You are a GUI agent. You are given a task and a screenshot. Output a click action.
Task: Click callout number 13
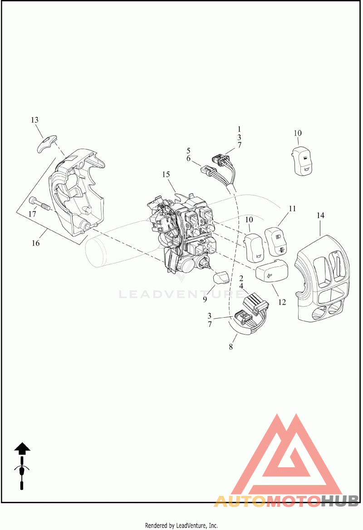35,120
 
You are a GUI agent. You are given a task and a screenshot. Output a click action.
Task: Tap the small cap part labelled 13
46,143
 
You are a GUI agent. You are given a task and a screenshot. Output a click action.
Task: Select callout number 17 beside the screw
32,214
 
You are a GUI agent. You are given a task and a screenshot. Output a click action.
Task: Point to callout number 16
35,243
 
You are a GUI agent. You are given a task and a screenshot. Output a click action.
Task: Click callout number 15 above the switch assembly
166,175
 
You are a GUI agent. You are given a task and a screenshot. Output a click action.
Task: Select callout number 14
320,215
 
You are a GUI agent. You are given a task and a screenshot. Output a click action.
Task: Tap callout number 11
292,209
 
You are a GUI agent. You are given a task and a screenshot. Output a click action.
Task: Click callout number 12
282,302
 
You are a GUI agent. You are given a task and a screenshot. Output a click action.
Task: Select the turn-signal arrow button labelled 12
272,272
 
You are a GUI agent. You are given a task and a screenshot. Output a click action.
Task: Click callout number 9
205,299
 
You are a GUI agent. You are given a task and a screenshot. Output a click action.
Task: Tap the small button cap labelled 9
221,278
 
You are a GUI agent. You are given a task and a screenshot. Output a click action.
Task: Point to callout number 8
231,347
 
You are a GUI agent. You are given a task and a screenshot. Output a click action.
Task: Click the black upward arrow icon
22,448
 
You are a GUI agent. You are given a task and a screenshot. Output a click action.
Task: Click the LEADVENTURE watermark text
181,294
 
